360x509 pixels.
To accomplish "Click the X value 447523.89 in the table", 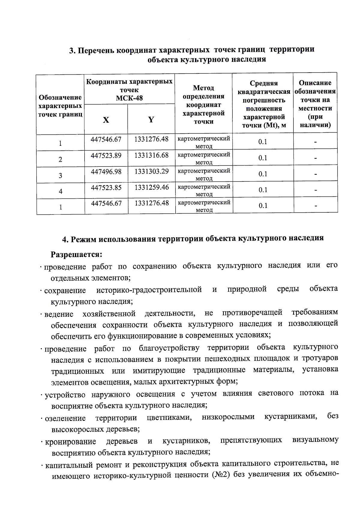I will click(106, 155).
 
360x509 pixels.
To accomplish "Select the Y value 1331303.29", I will click(151, 171).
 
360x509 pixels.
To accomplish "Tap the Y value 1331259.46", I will click(151, 187).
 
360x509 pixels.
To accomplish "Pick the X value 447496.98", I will click(106, 171).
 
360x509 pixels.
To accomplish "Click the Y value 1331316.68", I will click(151, 155).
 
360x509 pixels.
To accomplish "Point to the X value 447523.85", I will click(106, 187).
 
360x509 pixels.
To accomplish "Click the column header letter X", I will click(106, 120).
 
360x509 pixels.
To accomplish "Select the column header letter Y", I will click(151, 120).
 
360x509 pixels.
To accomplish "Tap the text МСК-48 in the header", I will click(129, 98).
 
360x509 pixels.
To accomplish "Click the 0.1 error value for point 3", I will click(263, 174).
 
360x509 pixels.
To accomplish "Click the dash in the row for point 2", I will click(315, 158).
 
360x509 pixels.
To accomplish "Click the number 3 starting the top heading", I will click(71, 50).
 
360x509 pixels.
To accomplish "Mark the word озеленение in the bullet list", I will click(65, 418).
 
